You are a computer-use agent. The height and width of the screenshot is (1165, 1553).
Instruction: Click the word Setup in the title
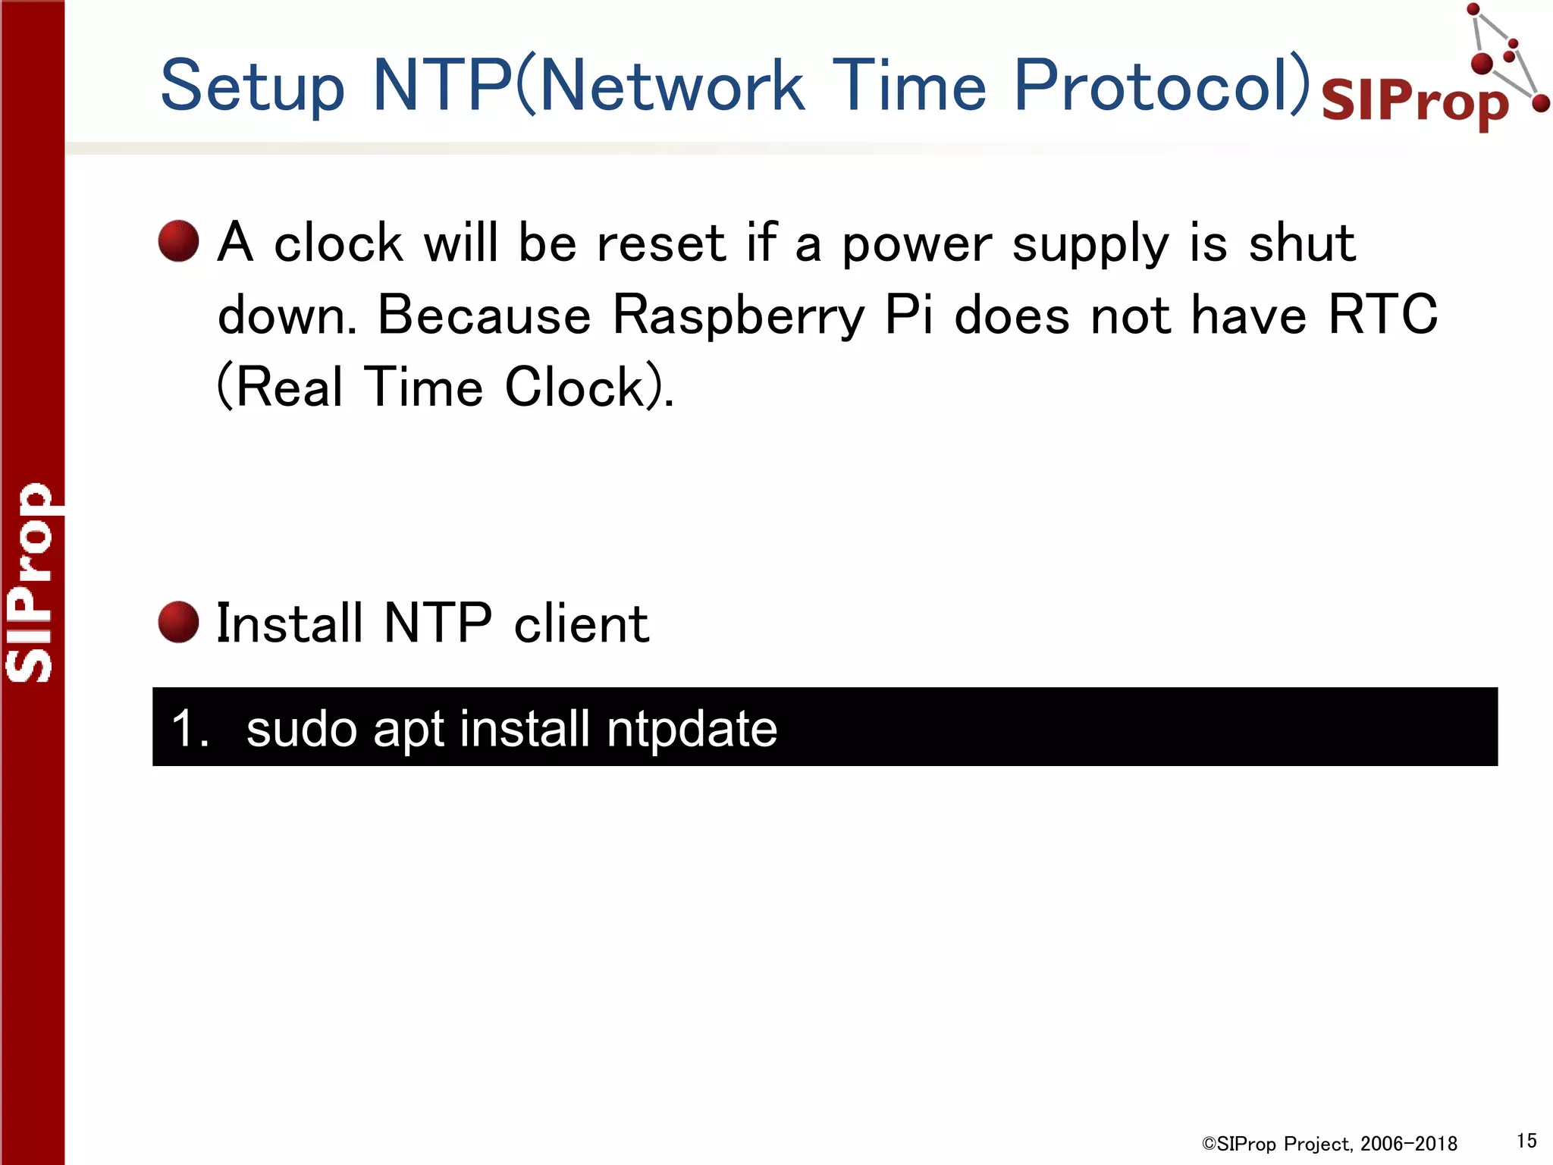point(253,86)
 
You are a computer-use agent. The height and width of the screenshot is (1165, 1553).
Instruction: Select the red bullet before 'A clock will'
point(178,241)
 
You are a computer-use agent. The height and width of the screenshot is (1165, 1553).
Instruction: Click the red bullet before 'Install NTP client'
point(178,622)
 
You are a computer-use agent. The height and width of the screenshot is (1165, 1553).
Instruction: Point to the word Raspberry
point(739,316)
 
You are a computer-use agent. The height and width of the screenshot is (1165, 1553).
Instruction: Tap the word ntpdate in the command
point(692,728)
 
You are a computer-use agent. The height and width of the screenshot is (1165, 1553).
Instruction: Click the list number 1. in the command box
point(190,728)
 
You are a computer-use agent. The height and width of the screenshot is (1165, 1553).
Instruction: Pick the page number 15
point(1526,1141)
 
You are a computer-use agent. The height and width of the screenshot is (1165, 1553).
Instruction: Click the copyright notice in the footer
point(1329,1144)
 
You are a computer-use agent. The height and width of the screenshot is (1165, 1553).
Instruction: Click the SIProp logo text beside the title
point(1415,102)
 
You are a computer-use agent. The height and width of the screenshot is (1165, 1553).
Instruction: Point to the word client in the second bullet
point(581,623)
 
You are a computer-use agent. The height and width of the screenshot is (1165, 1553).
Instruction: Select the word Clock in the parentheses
point(575,387)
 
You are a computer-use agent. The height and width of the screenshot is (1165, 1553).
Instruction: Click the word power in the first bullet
point(916,244)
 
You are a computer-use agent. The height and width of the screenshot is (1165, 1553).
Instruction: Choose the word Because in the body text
point(484,316)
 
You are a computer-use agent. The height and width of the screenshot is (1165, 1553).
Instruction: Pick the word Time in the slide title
point(908,85)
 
